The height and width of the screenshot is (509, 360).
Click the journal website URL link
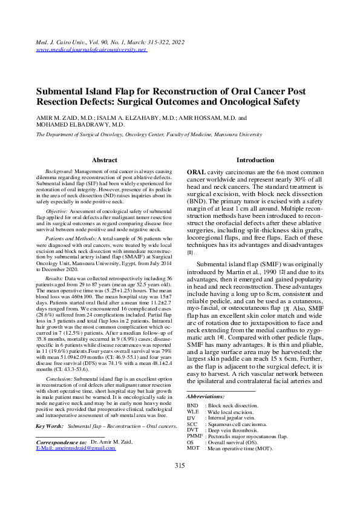[x=91, y=50]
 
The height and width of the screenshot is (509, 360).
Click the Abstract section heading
[x=104, y=160]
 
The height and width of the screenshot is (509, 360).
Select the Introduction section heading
[x=255, y=160]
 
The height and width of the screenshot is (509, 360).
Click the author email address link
[x=76, y=447]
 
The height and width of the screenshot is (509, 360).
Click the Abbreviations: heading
[x=206, y=396]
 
